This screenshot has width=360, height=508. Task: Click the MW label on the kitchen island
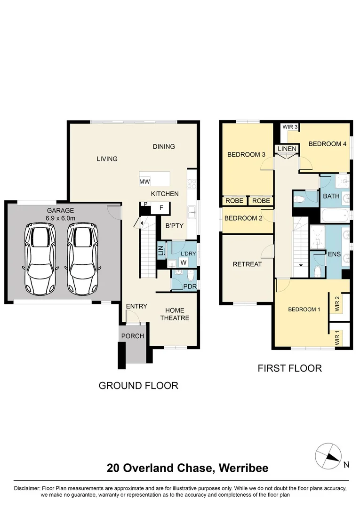pyautogui.click(x=144, y=182)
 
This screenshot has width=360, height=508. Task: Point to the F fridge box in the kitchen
pyautogui.click(x=160, y=207)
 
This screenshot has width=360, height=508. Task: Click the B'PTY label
pyautogui.click(x=174, y=226)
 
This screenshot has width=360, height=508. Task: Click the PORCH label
pyautogui.click(x=133, y=336)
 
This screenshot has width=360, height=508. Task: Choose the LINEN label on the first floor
pyautogui.click(x=287, y=149)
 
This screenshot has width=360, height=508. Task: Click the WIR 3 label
pyautogui.click(x=290, y=127)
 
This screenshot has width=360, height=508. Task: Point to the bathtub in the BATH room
pyautogui.click(x=336, y=216)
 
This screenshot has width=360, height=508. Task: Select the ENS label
pyautogui.click(x=335, y=254)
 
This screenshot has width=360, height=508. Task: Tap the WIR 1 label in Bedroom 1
pyautogui.click(x=337, y=338)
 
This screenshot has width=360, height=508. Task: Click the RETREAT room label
pyautogui.click(x=247, y=264)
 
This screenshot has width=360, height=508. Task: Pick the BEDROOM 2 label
pyautogui.click(x=243, y=218)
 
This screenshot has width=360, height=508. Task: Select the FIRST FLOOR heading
pyautogui.click(x=289, y=368)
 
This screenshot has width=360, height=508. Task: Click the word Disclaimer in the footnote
pyautogui.click(x=28, y=488)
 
